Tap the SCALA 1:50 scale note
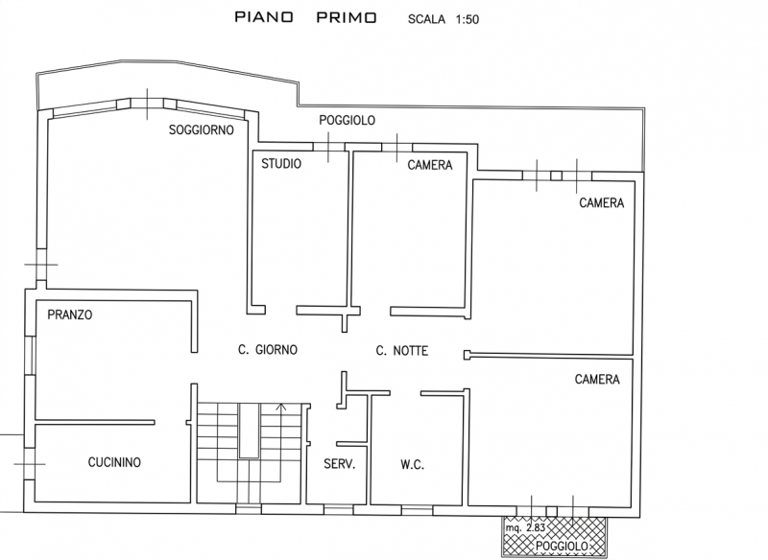click(x=444, y=18)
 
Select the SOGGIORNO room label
click(x=201, y=130)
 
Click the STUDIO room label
click(x=281, y=164)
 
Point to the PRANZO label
click(x=69, y=315)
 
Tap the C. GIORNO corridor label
click(x=268, y=350)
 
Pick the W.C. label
click(x=412, y=465)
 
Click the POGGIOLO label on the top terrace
click(x=347, y=121)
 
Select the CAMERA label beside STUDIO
click(x=429, y=165)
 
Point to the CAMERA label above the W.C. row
click(x=597, y=380)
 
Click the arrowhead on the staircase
click(x=280, y=408)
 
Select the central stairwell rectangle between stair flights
click(x=248, y=431)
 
